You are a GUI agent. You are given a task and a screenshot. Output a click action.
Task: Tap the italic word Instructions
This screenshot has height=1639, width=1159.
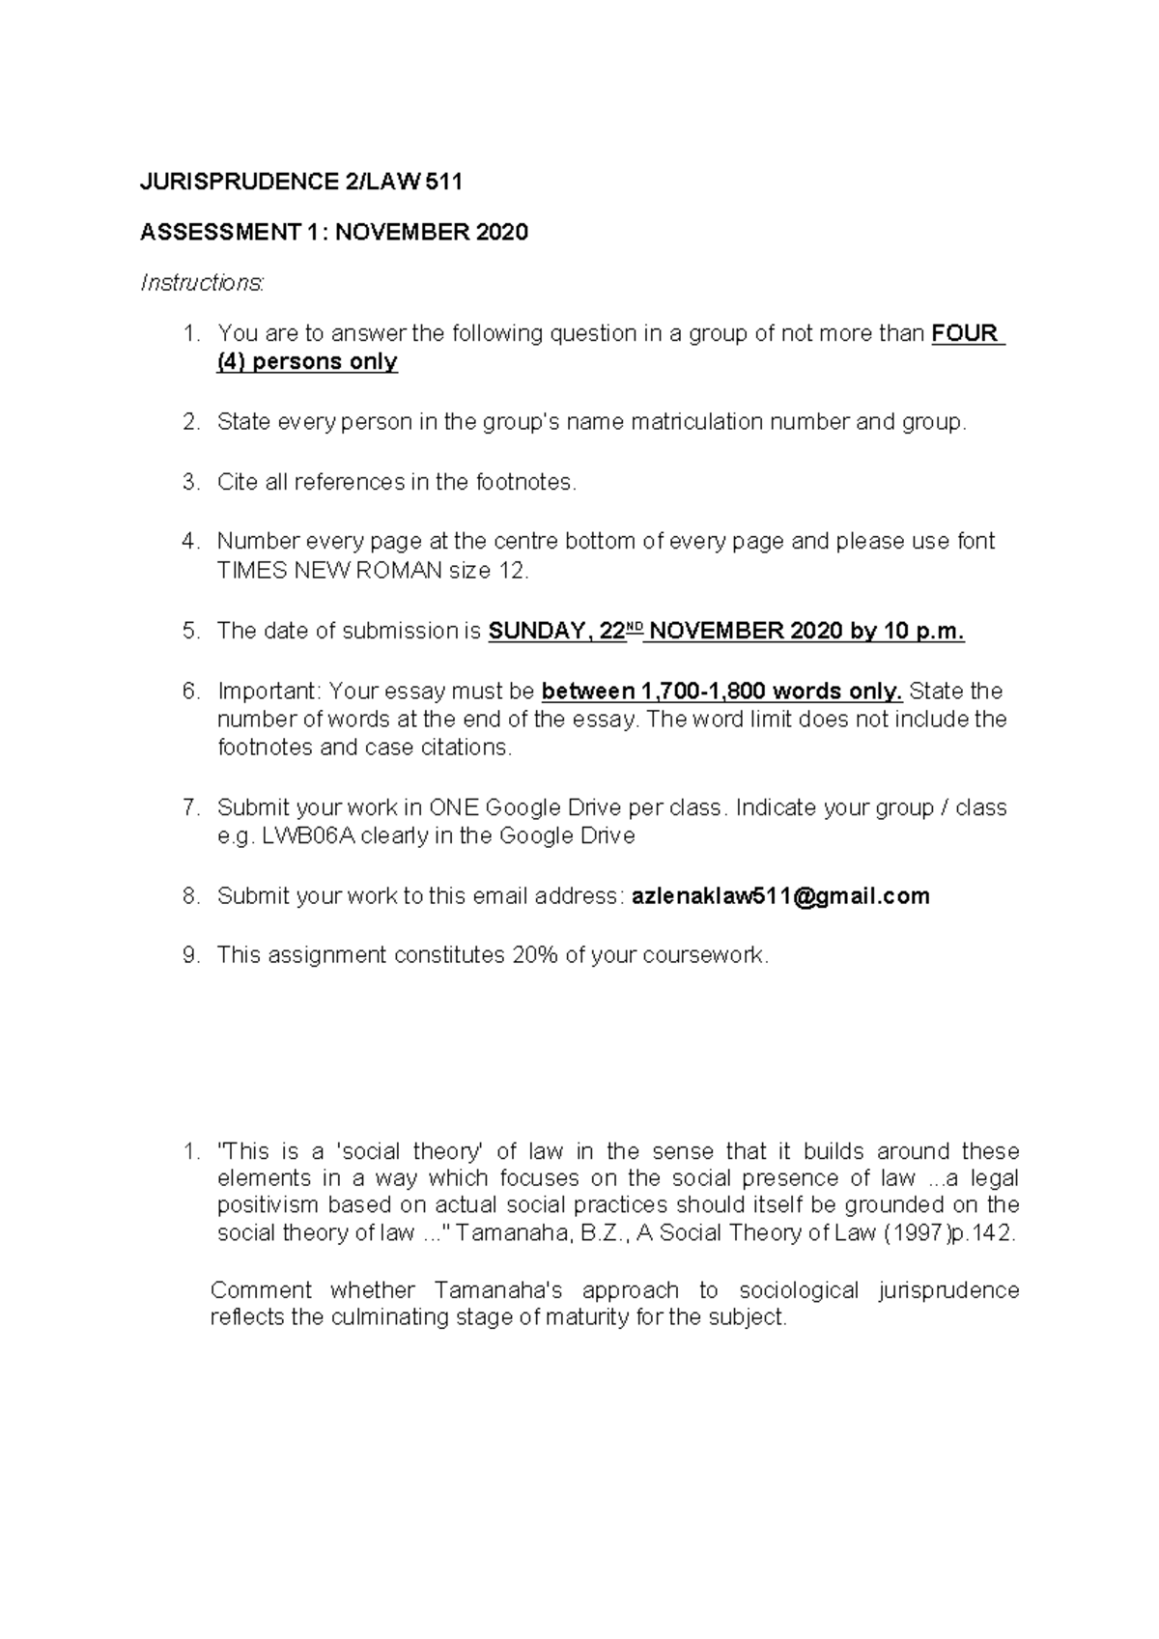pos(201,283)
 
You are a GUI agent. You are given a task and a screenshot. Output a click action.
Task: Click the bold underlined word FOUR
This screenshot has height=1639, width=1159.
pos(965,334)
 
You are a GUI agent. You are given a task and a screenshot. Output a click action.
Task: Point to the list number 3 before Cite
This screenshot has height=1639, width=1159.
pos(189,482)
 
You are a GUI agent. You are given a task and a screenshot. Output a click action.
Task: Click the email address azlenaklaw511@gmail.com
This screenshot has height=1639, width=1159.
pos(780,896)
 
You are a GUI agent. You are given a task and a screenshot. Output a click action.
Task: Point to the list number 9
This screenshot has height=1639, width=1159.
pos(189,956)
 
